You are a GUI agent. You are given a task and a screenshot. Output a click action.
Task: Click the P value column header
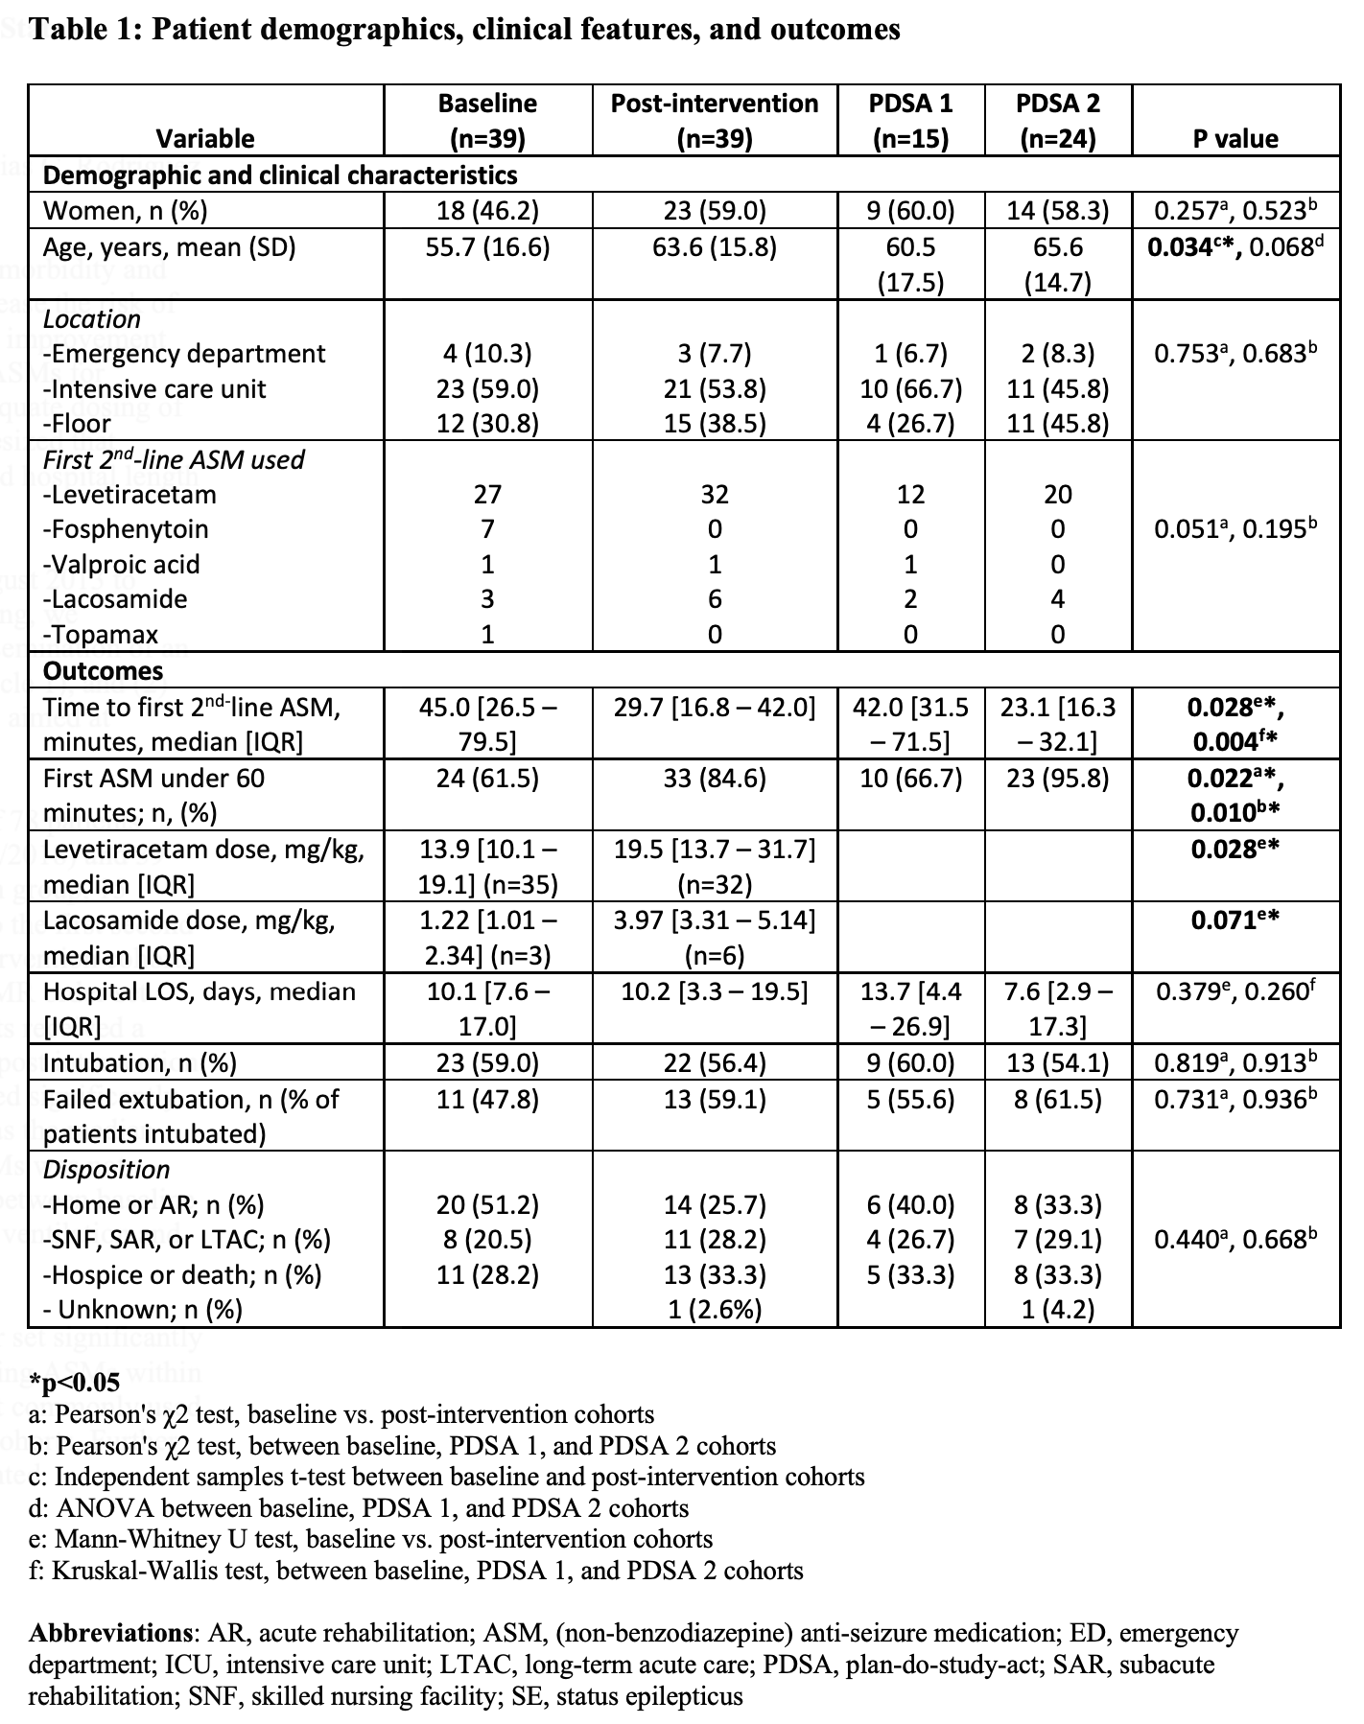click(x=1235, y=138)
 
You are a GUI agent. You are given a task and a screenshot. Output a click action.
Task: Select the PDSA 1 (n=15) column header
click(x=910, y=120)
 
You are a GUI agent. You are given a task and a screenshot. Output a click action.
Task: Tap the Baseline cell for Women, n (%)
click(x=487, y=211)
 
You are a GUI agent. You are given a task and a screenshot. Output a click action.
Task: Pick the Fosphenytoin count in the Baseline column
click(x=487, y=529)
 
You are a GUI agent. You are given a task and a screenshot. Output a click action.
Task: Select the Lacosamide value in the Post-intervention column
click(x=715, y=599)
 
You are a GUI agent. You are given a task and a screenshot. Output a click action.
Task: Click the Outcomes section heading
click(x=104, y=670)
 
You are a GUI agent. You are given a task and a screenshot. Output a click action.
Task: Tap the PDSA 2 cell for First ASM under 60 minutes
click(x=1058, y=778)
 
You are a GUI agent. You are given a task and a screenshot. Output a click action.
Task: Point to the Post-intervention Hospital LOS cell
click(x=715, y=991)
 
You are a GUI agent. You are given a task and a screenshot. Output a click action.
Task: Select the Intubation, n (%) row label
click(x=140, y=1062)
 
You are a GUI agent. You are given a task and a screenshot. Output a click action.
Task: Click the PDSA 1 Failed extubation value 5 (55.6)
click(x=910, y=1099)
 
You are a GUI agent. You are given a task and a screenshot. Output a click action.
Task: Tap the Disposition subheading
click(x=106, y=1170)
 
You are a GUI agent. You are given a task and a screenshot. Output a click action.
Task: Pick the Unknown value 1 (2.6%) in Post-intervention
click(x=715, y=1310)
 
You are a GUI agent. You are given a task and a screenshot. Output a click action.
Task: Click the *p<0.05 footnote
click(x=75, y=1383)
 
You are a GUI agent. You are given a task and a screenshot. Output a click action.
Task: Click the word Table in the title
click(x=65, y=30)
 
